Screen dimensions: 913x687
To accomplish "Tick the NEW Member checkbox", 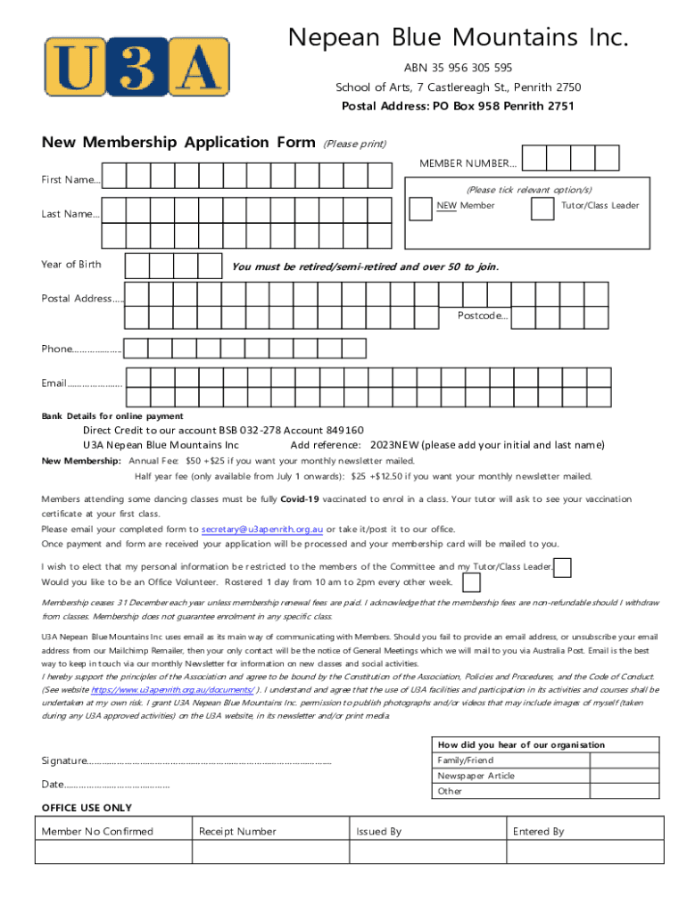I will coord(419,209).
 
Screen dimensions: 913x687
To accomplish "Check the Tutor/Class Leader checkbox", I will coord(542,209).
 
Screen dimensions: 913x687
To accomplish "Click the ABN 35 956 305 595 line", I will coord(458,68).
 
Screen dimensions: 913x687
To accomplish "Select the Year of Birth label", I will coord(71,264).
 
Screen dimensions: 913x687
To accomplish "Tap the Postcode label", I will coord(483,316).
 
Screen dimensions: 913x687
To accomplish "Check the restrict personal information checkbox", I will coord(563,567).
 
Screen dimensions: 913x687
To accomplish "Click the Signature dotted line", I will coord(209,761).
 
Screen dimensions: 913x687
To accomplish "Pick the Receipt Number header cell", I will coord(270,831).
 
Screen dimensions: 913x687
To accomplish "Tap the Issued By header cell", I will coord(427,831).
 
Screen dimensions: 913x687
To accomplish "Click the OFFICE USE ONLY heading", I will coord(87,808).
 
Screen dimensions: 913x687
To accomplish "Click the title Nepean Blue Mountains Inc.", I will coord(458,37).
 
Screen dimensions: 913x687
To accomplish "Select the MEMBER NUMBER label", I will coord(468,163).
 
